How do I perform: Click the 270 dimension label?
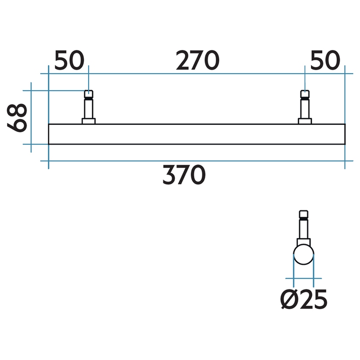point(198,61)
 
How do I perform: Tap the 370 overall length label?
point(184,175)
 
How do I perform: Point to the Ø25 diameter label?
point(304,300)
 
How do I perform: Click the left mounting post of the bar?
point(89,108)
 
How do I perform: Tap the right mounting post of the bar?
point(305,108)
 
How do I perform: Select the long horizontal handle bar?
point(197,134)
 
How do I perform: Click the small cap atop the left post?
point(89,94)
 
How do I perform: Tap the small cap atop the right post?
point(305,94)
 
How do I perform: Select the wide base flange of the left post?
point(89,121)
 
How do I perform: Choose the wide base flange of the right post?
point(305,121)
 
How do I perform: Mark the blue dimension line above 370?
point(197,161)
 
